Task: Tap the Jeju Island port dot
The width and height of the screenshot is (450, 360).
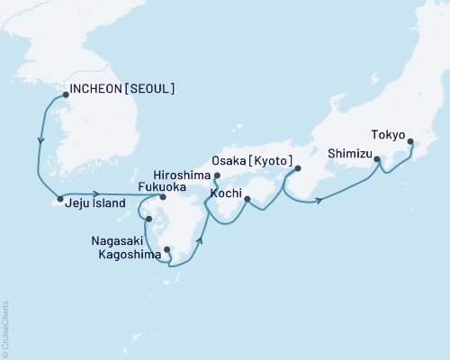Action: (60, 198)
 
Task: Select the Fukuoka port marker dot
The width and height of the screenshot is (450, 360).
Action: (163, 198)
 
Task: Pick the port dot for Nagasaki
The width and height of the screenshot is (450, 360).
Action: (149, 218)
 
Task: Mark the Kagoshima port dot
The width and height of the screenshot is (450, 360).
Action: (166, 251)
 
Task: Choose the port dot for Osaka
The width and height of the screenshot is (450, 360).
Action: (298, 168)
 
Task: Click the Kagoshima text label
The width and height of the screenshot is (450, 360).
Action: (125, 255)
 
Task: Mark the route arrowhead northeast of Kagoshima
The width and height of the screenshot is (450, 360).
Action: (200, 240)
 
